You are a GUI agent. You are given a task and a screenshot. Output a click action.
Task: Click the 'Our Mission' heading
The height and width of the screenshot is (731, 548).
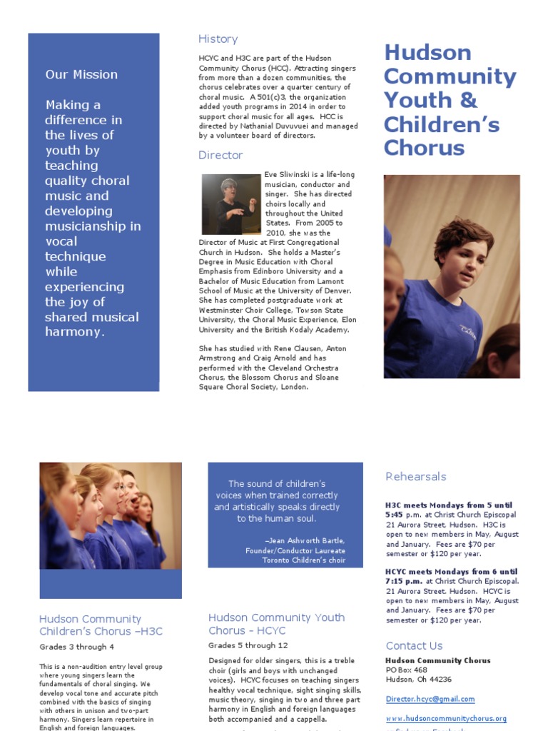pyautogui.click(x=81, y=74)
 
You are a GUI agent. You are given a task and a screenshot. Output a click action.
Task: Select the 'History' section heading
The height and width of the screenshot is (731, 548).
pyautogui.click(x=218, y=39)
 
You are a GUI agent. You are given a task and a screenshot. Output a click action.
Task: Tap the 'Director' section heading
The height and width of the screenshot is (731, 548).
pyautogui.click(x=220, y=155)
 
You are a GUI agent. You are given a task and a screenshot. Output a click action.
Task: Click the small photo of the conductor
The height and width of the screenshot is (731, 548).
pyautogui.click(x=230, y=204)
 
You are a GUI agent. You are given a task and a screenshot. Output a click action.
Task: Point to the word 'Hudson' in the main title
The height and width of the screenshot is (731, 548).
pyautogui.click(x=427, y=53)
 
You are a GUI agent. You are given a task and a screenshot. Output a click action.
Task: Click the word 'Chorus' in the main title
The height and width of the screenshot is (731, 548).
pyautogui.click(x=424, y=148)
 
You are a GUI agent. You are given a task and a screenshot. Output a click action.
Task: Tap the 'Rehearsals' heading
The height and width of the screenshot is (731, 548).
pyautogui.click(x=415, y=476)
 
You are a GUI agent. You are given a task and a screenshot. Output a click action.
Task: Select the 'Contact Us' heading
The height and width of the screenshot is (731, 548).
pyautogui.click(x=414, y=645)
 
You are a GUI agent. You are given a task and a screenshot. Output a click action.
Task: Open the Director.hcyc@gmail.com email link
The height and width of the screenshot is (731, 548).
pyautogui.click(x=430, y=699)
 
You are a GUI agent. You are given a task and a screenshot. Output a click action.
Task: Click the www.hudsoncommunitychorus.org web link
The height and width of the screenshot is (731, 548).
pyautogui.click(x=446, y=718)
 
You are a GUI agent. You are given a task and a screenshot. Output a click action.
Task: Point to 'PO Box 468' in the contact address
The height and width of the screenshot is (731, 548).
pyautogui.click(x=406, y=670)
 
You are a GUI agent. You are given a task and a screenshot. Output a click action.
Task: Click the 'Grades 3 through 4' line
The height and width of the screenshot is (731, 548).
pyautogui.click(x=76, y=647)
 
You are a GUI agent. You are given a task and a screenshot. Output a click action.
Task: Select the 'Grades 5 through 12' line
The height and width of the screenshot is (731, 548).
pyautogui.click(x=248, y=645)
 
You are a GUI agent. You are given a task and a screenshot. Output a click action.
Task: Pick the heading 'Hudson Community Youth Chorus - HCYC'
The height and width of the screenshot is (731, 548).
pyautogui.click(x=276, y=624)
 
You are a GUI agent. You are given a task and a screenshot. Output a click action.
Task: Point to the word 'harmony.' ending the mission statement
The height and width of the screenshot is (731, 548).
pyautogui.click(x=74, y=332)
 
